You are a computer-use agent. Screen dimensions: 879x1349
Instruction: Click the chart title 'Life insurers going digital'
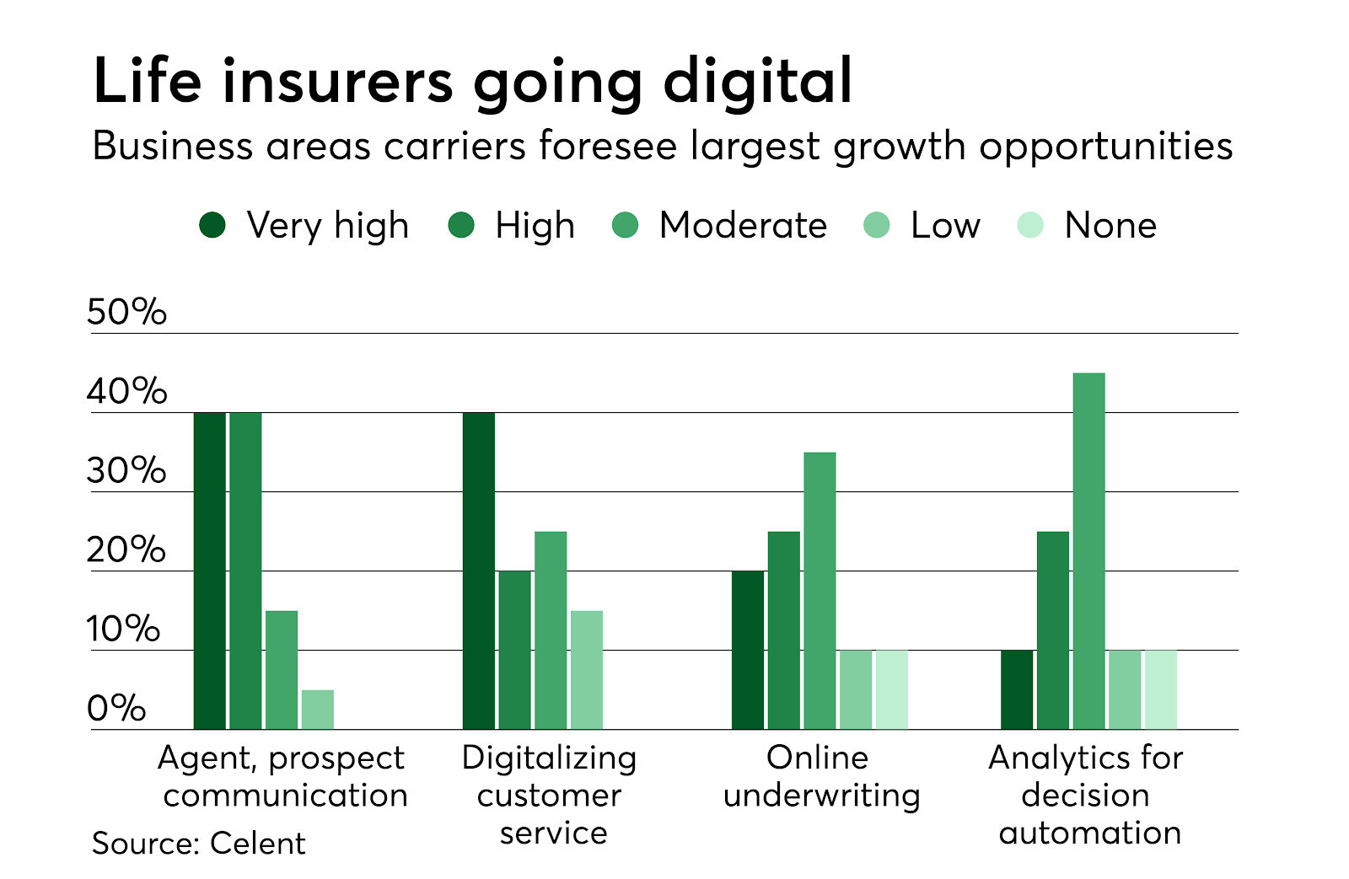click(472, 82)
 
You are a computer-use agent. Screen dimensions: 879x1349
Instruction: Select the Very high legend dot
click(212, 225)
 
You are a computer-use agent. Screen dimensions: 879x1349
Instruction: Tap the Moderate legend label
click(743, 226)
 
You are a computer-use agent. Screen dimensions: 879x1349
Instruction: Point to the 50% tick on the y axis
click(126, 313)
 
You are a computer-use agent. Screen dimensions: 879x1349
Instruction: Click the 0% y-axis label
click(116, 709)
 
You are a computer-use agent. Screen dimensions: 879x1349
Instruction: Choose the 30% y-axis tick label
click(126, 471)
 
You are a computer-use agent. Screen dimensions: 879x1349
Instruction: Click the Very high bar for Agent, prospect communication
click(210, 571)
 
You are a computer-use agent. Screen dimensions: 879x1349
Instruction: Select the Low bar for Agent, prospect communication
click(318, 710)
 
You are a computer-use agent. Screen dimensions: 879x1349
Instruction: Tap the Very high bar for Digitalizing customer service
click(479, 571)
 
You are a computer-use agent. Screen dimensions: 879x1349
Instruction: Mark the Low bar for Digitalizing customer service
click(587, 670)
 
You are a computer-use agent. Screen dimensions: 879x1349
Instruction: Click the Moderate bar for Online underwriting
click(820, 590)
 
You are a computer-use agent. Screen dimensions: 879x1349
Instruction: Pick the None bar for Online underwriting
click(892, 689)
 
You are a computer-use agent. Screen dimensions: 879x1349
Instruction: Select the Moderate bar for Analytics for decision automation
click(1088, 551)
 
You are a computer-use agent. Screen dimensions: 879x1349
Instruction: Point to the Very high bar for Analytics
click(1017, 689)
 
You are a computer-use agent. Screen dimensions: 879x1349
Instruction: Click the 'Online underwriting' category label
click(820, 776)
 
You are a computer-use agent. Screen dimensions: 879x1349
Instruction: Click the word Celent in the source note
click(257, 844)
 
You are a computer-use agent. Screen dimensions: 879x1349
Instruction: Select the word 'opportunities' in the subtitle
click(1105, 147)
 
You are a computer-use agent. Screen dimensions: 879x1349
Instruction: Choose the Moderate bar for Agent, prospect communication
click(282, 670)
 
